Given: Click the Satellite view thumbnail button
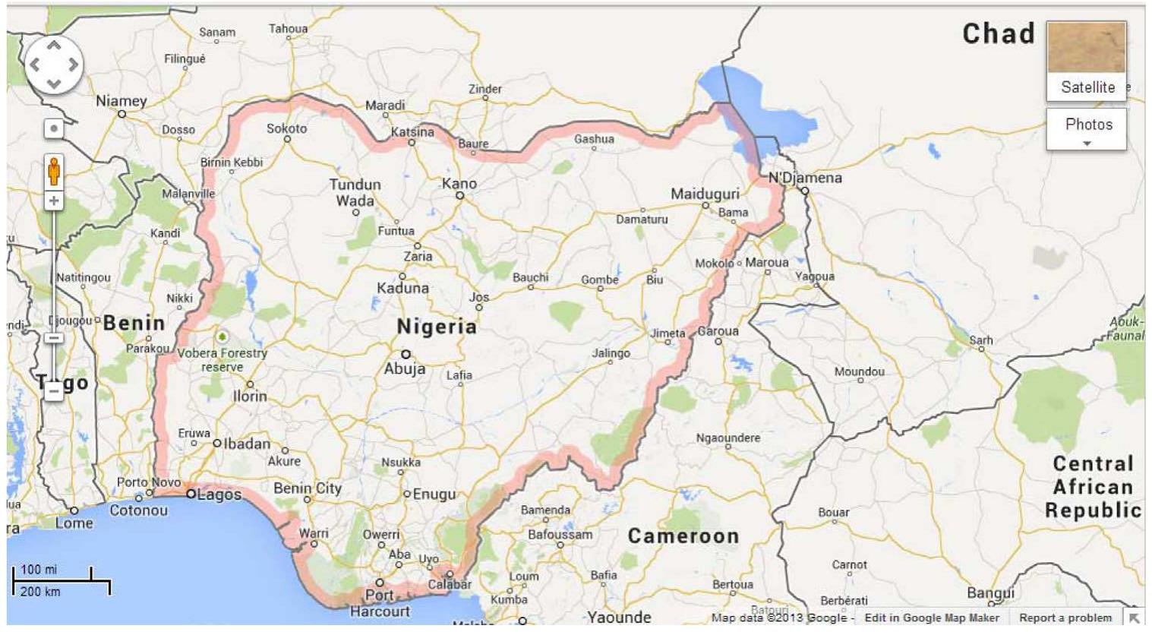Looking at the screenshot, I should tap(1086, 61).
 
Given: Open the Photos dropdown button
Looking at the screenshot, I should tap(1087, 129).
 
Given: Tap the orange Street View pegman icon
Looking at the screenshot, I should tap(53, 172).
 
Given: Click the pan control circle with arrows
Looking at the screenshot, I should tap(53, 65).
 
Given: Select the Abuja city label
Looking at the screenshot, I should tap(404, 369).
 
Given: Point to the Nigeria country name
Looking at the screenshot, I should tap(437, 327).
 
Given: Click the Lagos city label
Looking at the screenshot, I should tap(219, 494).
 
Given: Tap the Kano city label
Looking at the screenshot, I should tap(459, 184).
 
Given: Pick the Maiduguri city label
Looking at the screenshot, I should tap(705, 194).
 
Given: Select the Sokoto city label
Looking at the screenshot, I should tap(287, 128).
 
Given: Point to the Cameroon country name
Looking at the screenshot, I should tap(683, 536).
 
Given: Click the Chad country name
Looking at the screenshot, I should tap(998, 33).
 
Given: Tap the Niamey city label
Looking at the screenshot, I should tap(122, 101).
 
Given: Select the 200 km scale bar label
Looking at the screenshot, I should tap(40, 592).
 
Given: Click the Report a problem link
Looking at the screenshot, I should tap(1065, 618).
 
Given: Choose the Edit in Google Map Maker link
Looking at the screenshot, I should tap(932, 618).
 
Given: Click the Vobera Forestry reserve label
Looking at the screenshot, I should tap(223, 360).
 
